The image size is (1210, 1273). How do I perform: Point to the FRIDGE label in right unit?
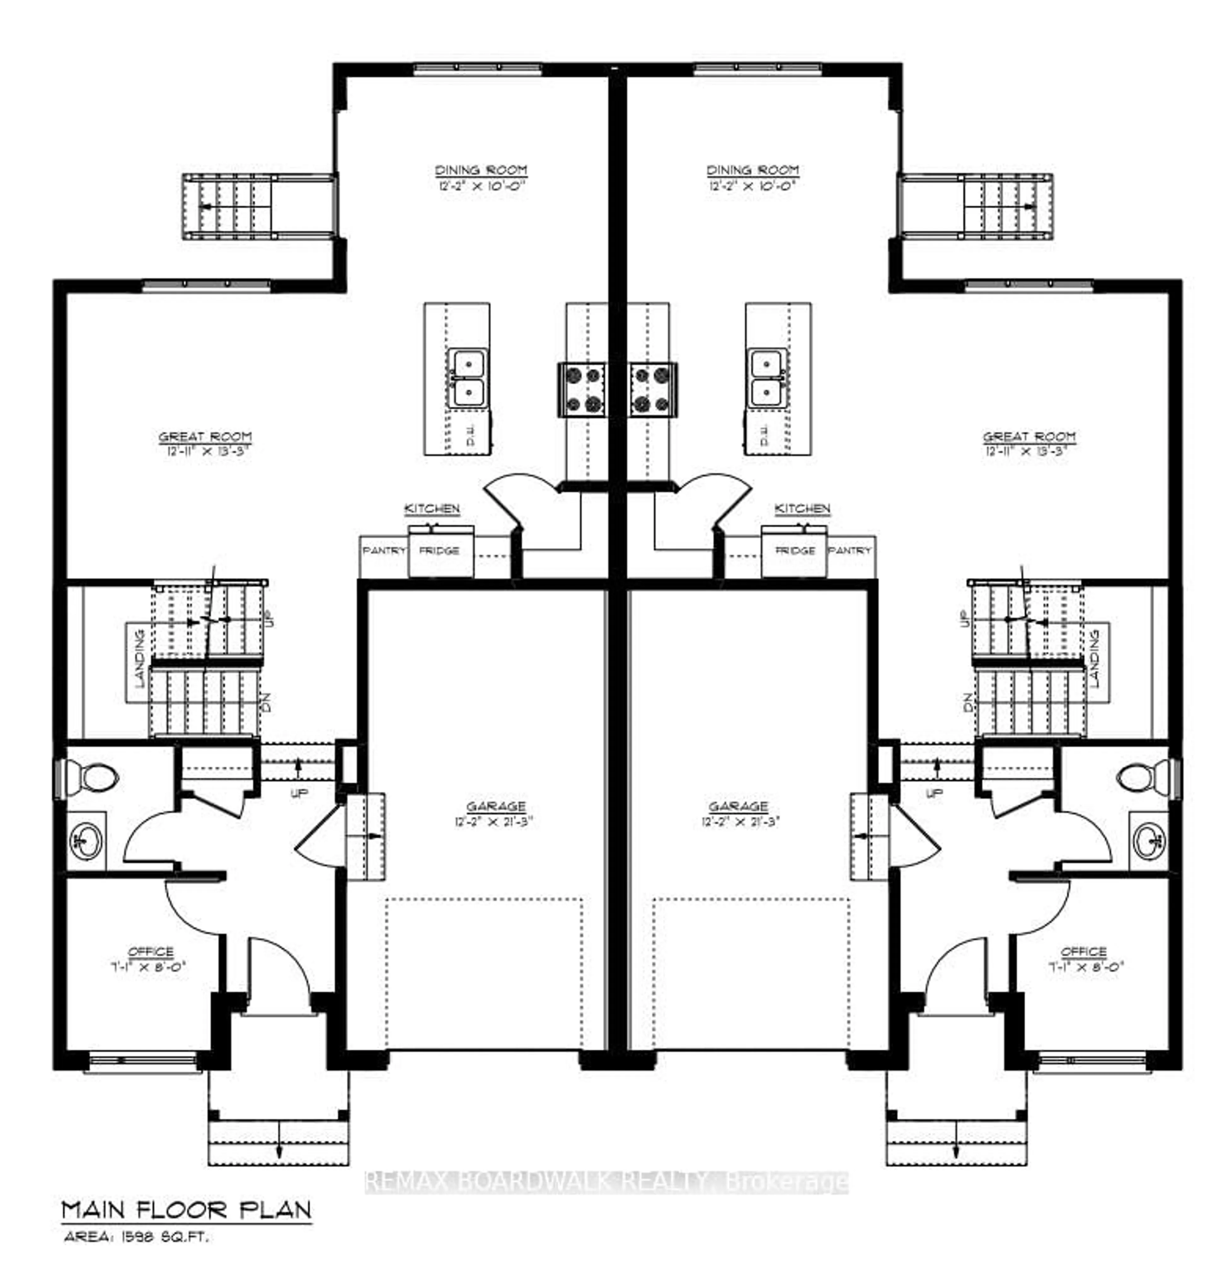795,550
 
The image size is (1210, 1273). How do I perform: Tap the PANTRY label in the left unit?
384,550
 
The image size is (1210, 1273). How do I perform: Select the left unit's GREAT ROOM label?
205,437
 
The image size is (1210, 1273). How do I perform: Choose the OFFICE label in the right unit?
1084,952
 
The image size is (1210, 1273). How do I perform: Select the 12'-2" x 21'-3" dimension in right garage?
738,822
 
